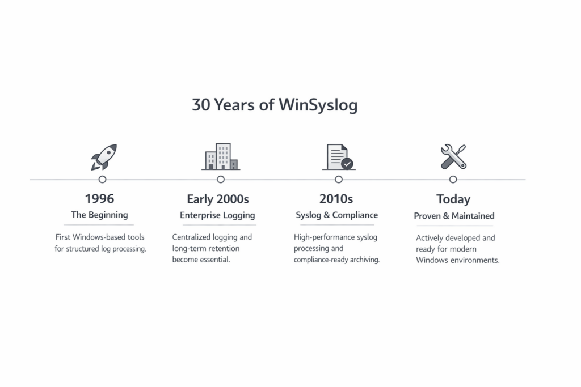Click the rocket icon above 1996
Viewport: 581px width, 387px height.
104,158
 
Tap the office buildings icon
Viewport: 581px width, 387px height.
221,156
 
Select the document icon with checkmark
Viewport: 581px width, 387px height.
339,157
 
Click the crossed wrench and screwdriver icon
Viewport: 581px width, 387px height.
453,157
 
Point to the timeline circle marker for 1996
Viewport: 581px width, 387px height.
102,180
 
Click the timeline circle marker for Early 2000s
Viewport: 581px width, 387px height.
221,180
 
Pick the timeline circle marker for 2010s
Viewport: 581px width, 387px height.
338,180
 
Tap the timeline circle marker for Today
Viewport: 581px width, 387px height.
453,180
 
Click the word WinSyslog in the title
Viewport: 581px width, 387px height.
318,105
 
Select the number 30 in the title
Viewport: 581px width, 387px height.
201,105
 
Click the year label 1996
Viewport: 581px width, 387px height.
99,199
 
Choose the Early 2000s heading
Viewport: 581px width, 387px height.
218,199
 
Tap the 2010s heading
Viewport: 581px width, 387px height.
336,199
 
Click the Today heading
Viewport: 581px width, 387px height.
453,199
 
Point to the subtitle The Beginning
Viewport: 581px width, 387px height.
99,215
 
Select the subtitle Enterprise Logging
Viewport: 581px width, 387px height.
217,215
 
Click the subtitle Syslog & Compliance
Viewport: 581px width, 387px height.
337,215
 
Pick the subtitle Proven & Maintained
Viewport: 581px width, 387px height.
454,216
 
